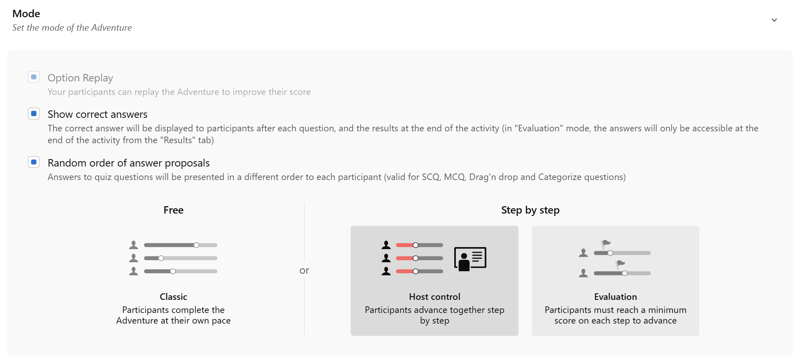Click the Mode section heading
click(26, 13)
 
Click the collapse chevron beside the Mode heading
click(774, 20)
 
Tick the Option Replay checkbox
click(34, 77)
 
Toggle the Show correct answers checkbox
click(34, 113)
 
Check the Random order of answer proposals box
click(34, 162)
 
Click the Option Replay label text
click(80, 78)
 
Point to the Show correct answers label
click(97, 114)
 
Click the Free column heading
click(174, 210)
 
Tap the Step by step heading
click(530, 210)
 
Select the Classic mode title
click(174, 297)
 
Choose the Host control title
click(435, 297)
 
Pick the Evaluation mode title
click(615, 297)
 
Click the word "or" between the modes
click(304, 270)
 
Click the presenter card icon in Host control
click(470, 259)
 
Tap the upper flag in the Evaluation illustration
click(606, 244)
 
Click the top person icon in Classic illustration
click(133, 245)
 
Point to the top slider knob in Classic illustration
click(196, 245)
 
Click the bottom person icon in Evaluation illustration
click(584, 273)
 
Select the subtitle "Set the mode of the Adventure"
click(72, 28)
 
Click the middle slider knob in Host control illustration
click(416, 258)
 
